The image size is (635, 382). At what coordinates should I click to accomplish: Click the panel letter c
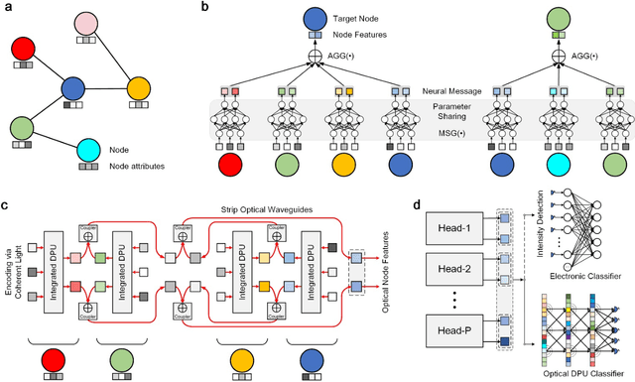pyautogui.click(x=6, y=205)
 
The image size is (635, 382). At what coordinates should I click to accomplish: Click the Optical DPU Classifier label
pyautogui.click(x=575, y=374)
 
